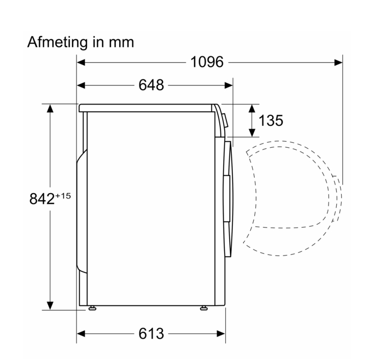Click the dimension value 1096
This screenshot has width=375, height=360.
(207, 62)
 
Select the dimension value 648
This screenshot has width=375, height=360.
(151, 85)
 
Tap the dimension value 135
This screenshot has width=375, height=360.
(271, 120)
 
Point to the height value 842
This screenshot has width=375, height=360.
(42, 199)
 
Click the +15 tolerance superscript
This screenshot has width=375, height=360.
(63, 196)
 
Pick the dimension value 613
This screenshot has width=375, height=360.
(151, 333)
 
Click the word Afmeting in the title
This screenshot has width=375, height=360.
(57, 43)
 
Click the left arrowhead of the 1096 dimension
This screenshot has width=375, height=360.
(81, 62)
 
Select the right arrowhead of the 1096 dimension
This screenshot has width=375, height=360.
(338, 62)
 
